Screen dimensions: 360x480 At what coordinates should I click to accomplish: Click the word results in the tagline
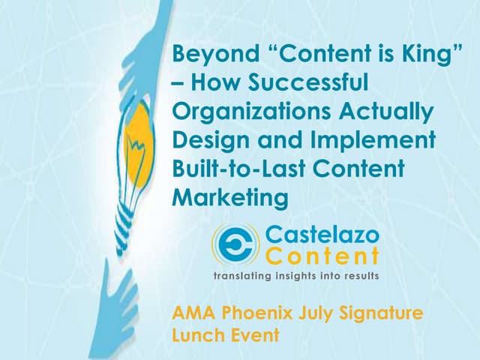359,276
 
